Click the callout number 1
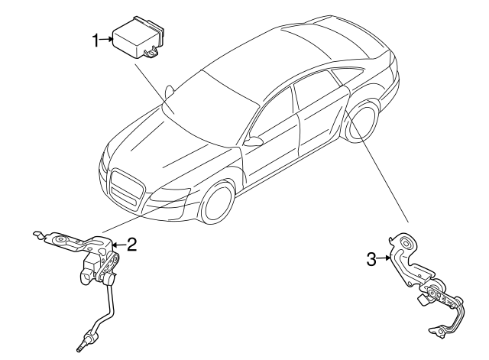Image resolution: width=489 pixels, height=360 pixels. (96, 41)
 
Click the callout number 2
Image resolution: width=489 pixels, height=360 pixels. (131, 245)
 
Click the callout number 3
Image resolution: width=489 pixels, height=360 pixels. (371, 260)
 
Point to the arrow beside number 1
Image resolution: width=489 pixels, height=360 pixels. (107, 41)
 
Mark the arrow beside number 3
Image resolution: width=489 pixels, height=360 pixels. (384, 260)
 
